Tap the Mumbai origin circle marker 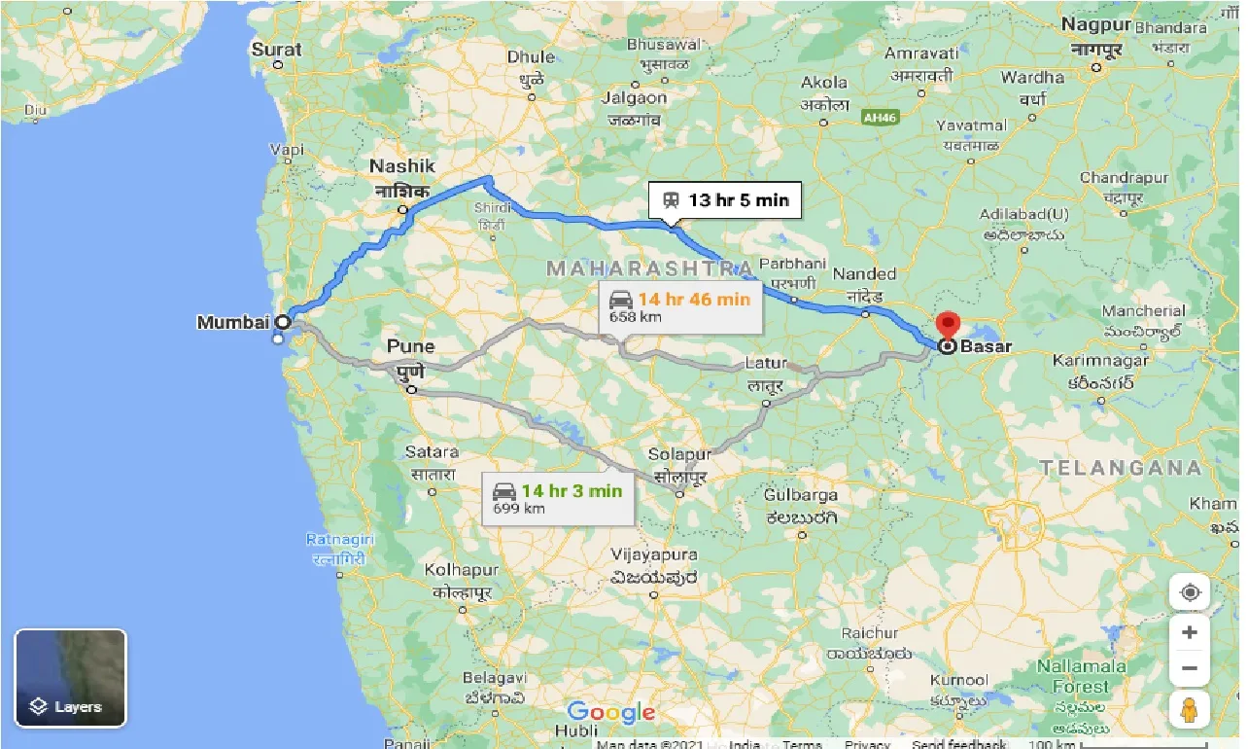(x=283, y=321)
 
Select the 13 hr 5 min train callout (x=725, y=200)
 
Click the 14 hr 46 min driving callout (x=679, y=305)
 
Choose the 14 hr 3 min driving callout (x=557, y=498)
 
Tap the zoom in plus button (x=1189, y=632)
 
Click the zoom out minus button (x=1189, y=668)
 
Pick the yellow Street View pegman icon (x=1189, y=710)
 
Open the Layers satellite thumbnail (x=70, y=678)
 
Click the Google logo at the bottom (x=611, y=713)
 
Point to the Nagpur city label (x=1096, y=24)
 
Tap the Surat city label (x=277, y=49)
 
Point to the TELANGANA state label (x=1122, y=468)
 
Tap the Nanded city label (x=864, y=274)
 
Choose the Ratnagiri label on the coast (x=336, y=539)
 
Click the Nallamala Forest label (x=1080, y=675)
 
